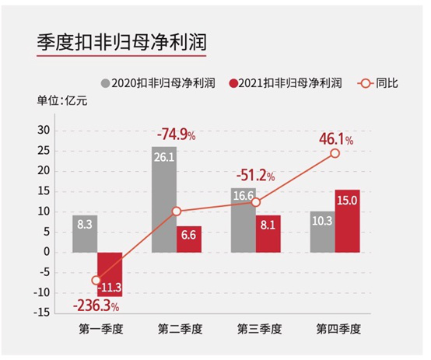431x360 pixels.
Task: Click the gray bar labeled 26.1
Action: point(164,199)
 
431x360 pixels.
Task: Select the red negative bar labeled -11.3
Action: point(110,274)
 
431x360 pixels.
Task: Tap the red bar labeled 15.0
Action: point(348,221)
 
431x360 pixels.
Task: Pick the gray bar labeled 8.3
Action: point(85,233)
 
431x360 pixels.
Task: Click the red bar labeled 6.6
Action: point(189,239)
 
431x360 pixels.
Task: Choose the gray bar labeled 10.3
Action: point(322,231)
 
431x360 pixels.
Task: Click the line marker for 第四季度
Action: point(335,154)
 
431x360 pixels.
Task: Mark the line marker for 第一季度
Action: point(96,280)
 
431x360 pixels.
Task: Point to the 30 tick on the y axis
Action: point(44,130)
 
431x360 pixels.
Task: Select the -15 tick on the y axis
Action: point(43,312)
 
